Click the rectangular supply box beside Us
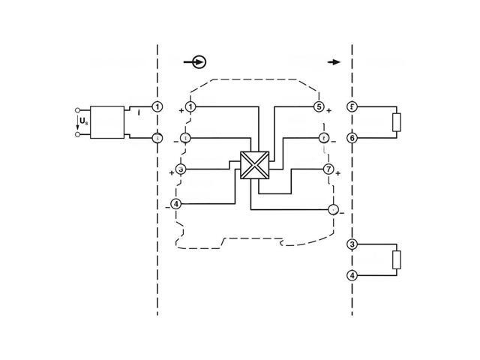[107, 122]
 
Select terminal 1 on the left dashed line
[157, 107]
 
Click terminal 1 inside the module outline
[190, 108]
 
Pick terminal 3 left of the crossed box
[180, 169]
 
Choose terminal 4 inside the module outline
[176, 204]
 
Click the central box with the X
[253, 166]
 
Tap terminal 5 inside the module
[319, 107]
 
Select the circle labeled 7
[328, 169]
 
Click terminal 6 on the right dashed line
[352, 138]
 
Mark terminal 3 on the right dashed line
[352, 244]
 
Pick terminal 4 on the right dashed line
[352, 275]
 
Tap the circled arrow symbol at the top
[199, 63]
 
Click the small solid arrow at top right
[334, 63]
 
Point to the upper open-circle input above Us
[78, 109]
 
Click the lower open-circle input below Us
[78, 135]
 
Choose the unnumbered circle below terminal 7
[334, 210]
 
